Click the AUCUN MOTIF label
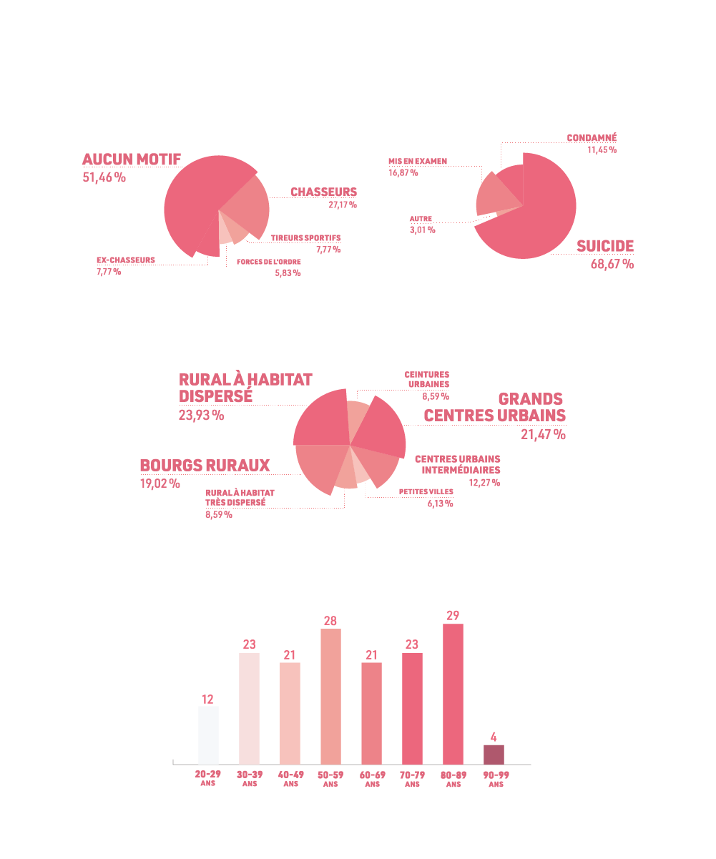(x=132, y=159)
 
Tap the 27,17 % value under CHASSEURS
(x=343, y=205)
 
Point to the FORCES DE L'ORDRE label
(x=269, y=262)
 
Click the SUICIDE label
(x=605, y=247)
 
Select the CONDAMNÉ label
(x=592, y=138)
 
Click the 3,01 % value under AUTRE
(x=422, y=230)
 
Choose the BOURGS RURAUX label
(x=205, y=466)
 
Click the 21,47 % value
(x=543, y=434)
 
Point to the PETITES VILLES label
(x=426, y=492)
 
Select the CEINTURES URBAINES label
(x=426, y=379)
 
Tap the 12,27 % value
(x=484, y=483)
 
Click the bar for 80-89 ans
(x=453, y=694)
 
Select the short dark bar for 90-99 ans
(x=494, y=755)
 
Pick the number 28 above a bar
(x=330, y=621)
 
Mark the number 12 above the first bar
(x=207, y=699)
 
